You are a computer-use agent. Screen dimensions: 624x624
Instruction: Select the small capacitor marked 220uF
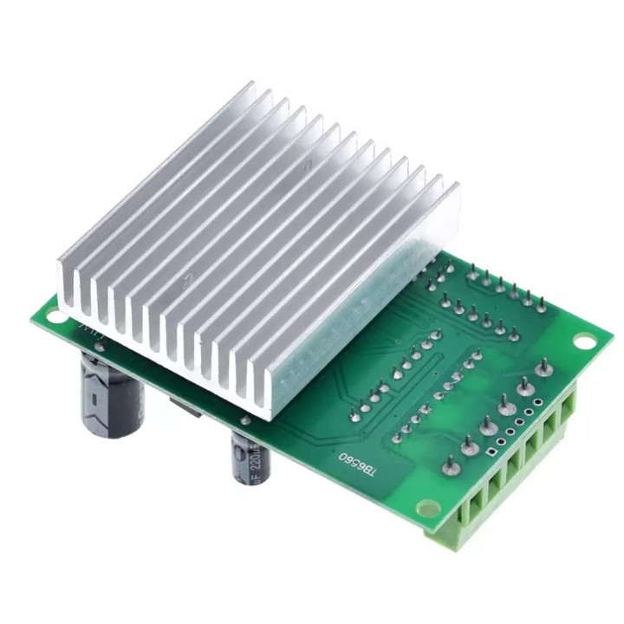(248, 456)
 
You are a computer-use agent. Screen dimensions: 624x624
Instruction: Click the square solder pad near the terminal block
(491, 451)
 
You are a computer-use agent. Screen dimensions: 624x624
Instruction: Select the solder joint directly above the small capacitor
(245, 420)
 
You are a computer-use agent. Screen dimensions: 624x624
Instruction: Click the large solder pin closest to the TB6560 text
(451, 466)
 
